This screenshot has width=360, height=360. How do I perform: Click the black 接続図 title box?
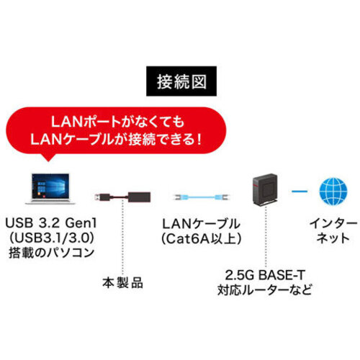[x=181, y=81]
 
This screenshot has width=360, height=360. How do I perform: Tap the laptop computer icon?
[x=50, y=189]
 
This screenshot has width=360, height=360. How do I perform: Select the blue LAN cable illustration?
[x=201, y=197]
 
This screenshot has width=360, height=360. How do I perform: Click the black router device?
[x=266, y=190]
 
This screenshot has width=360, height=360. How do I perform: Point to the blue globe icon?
[x=333, y=192]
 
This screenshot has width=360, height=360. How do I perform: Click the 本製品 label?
[x=122, y=283]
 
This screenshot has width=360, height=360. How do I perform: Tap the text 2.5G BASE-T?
[x=265, y=275]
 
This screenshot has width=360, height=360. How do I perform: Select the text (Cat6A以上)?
[x=201, y=239]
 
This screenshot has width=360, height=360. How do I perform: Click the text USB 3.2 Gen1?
[x=51, y=223]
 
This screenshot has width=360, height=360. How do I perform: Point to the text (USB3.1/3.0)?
[x=51, y=238]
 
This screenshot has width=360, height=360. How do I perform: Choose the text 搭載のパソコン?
[x=51, y=253]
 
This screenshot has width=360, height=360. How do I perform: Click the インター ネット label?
[x=333, y=231]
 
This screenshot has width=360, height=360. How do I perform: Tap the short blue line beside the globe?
[x=300, y=192]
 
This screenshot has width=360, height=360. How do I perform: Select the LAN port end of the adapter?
[x=139, y=197]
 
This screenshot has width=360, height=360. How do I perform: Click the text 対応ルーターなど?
[x=265, y=290]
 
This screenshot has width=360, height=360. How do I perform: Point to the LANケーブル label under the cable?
[x=201, y=224]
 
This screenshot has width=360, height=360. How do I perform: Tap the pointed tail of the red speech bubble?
[x=49, y=159]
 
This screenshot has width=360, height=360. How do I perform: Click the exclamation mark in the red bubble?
[x=198, y=140]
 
